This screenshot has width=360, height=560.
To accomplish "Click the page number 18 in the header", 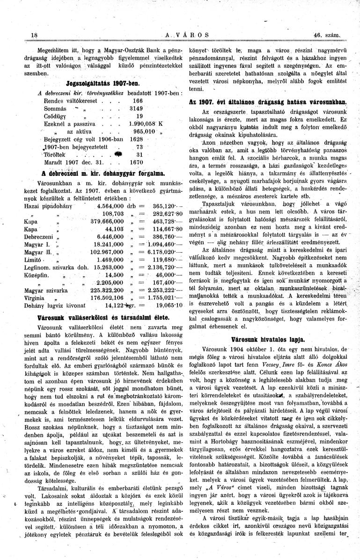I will [34, 35].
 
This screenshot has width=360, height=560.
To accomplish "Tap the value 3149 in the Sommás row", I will [137, 108].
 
